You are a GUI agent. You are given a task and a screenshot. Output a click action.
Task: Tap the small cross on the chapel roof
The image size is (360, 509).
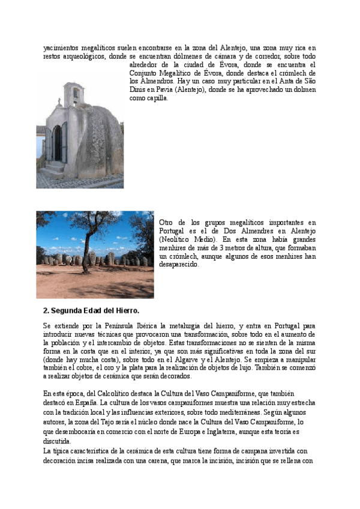pos(59,102)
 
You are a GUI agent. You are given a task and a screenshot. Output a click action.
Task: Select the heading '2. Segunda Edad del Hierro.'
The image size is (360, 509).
pos(91,310)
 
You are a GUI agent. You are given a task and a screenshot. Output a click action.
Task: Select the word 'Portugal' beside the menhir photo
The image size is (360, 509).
pos(173,230)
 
